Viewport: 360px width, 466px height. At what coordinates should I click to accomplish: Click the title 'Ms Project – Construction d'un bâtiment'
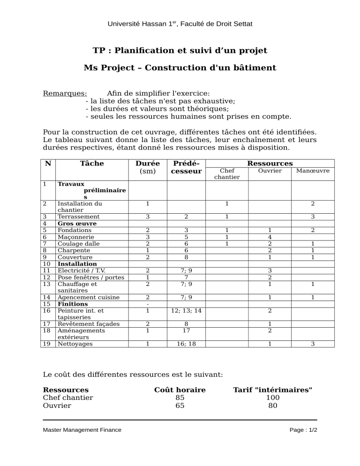click(x=180, y=68)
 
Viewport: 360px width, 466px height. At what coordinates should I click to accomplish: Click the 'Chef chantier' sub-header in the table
click(x=227, y=174)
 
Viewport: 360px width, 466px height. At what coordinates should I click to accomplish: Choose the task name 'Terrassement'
click(x=78, y=217)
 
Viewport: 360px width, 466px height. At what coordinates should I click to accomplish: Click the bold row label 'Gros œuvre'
click(x=77, y=224)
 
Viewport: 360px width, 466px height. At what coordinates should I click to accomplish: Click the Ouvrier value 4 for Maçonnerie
click(x=270, y=237)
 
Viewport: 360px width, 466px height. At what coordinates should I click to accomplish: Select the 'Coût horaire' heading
click(x=180, y=390)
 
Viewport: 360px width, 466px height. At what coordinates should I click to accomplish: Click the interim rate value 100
click(x=272, y=398)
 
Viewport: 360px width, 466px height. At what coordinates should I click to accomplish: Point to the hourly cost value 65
click(x=180, y=406)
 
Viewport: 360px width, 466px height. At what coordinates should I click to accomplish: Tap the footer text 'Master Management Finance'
click(x=82, y=429)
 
